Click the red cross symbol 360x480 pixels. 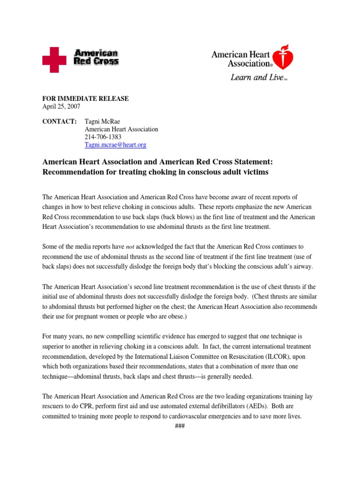click(x=54, y=60)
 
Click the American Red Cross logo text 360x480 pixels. click(x=97, y=57)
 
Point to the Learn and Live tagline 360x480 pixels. click(x=257, y=77)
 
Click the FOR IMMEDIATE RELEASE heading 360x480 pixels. click(x=85, y=98)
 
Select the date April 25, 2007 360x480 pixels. click(x=59, y=106)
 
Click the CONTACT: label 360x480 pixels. click(x=60, y=121)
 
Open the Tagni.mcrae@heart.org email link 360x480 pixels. click(x=115, y=145)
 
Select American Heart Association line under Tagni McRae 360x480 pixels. click(x=121, y=129)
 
